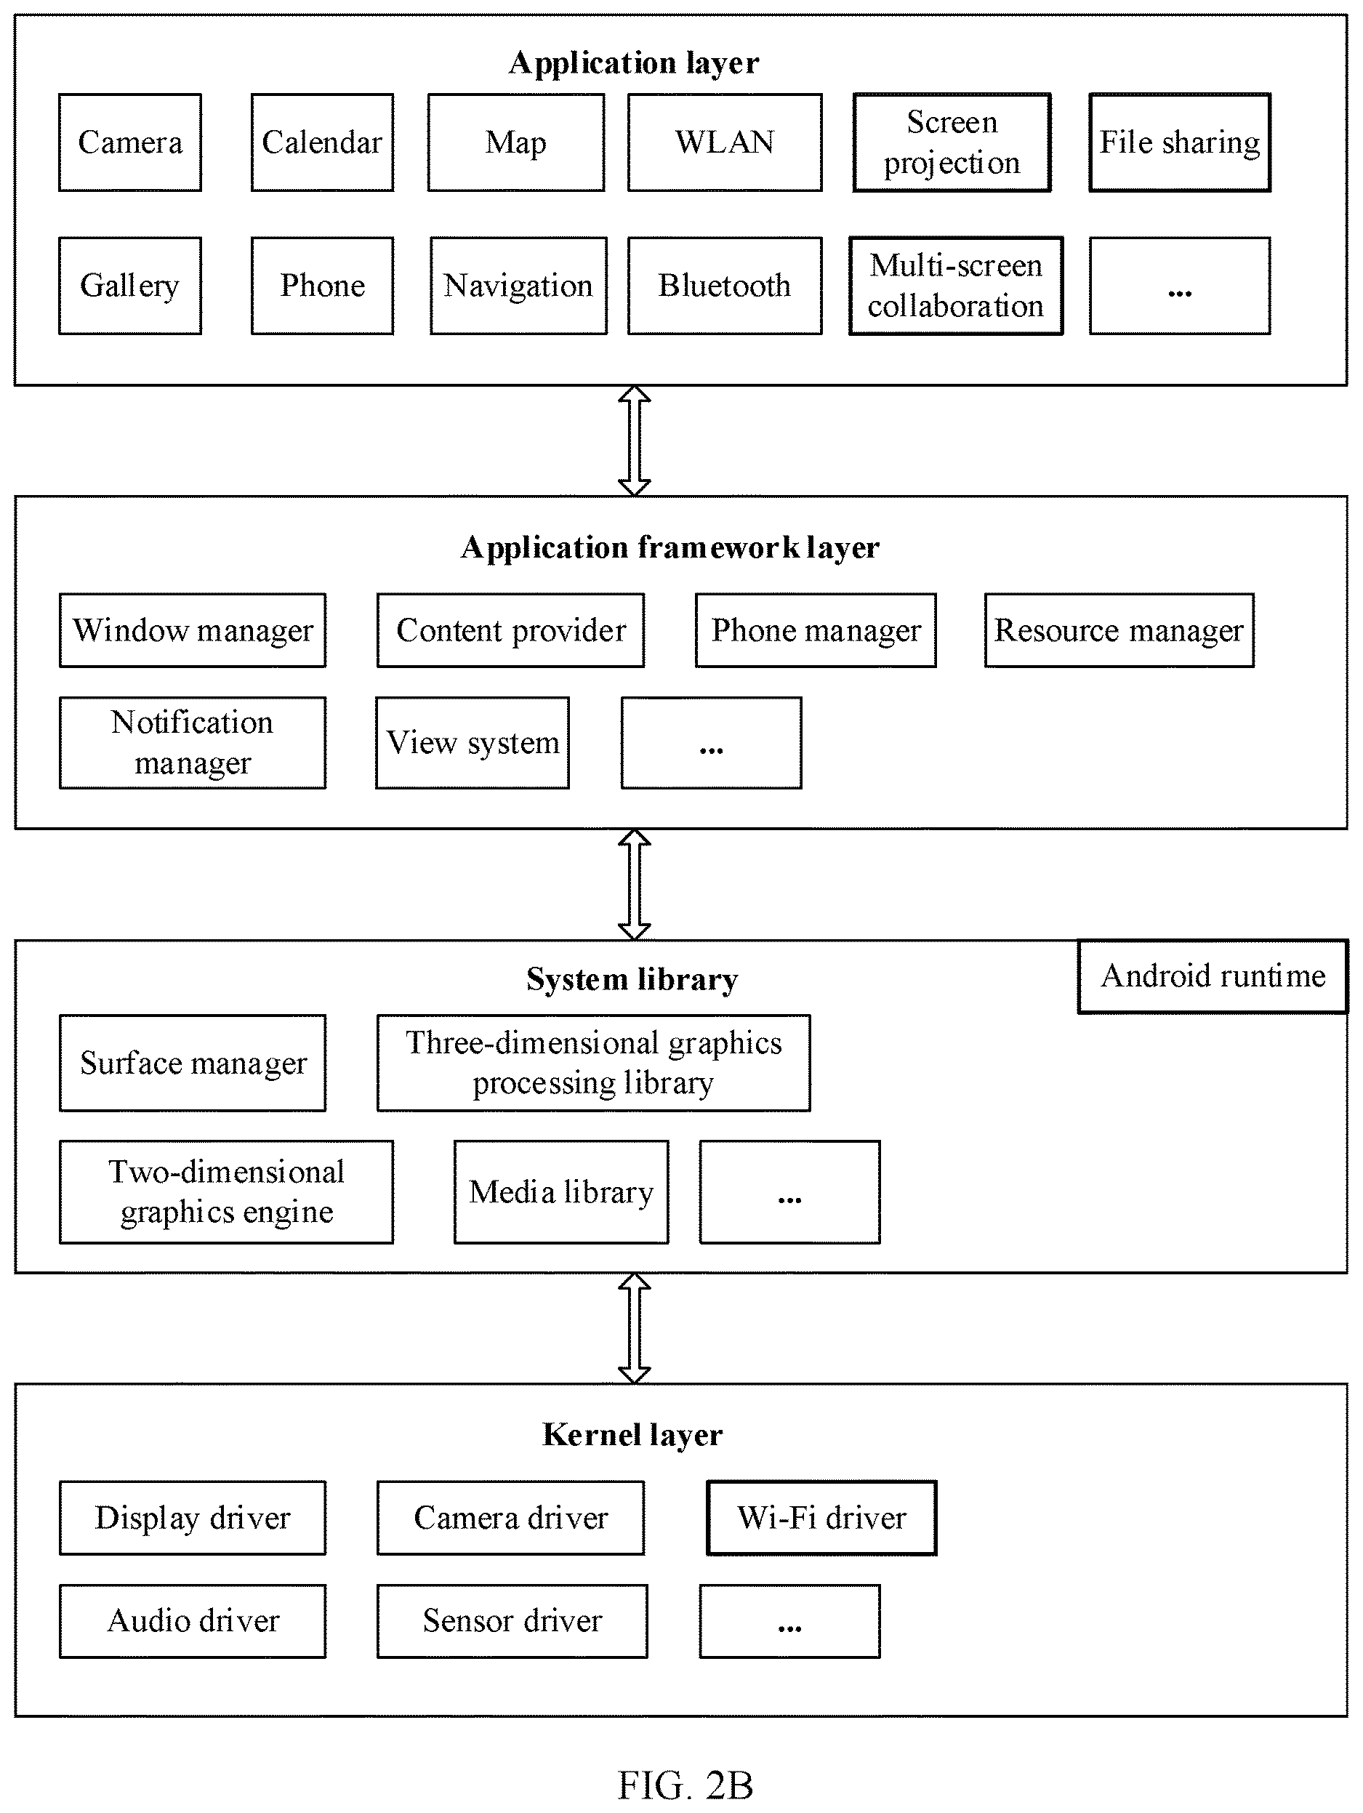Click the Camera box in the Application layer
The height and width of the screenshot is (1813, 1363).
tap(129, 142)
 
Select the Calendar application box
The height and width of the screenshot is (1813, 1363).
tap(322, 142)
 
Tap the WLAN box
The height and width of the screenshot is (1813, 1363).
tap(725, 142)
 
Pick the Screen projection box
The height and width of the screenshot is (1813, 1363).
tap(952, 142)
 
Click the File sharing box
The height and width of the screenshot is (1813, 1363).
tap(1179, 142)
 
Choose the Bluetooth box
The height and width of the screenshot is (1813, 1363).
tap(725, 286)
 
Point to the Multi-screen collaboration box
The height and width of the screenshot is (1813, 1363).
tap(956, 286)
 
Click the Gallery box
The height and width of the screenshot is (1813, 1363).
tap(129, 286)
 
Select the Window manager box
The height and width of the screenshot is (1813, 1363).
tap(193, 630)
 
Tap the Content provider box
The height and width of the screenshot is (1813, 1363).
tap(510, 630)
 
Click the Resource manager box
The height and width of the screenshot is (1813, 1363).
tap(1119, 630)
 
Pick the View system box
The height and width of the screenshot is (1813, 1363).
tap(472, 744)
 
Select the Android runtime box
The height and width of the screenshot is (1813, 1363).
tap(1213, 976)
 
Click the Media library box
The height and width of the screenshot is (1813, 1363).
tap(561, 1192)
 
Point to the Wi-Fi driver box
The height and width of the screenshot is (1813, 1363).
tap(821, 1518)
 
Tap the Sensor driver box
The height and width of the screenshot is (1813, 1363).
tap(512, 1621)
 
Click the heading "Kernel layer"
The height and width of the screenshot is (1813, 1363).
tap(632, 1435)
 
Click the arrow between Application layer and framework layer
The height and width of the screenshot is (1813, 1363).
tap(635, 441)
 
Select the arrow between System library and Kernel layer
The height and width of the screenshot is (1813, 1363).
tap(635, 1329)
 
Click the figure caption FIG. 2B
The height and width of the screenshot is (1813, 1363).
tap(685, 1785)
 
